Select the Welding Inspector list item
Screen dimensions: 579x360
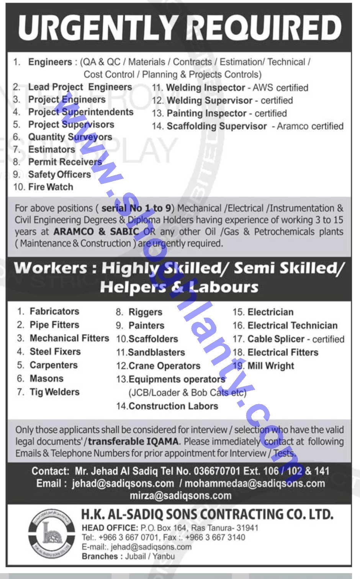pos(206,88)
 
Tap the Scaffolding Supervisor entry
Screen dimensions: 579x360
pos(217,126)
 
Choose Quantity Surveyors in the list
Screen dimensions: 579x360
pos(70,137)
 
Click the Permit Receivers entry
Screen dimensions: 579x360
pos(65,162)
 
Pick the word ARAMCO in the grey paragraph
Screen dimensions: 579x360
pos(73,232)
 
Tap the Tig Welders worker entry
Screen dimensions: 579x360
pos(54,392)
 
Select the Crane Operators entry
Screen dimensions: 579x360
pos(164,366)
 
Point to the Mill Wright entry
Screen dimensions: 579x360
pos(270,366)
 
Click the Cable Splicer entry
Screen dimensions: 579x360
pos(276,339)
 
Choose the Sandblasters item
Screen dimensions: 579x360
pos(156,352)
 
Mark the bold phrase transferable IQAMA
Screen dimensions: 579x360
pos(133,441)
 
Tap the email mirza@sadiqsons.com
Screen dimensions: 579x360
pos(180,496)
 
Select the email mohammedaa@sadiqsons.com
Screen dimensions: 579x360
pos(255,483)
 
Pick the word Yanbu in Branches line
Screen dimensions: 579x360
pos(164,556)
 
